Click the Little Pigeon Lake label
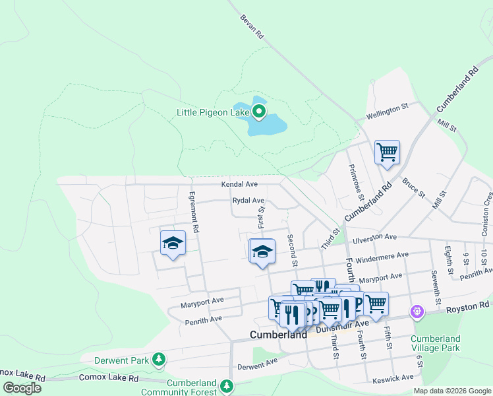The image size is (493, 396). [212, 112]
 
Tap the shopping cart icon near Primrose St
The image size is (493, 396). [387, 152]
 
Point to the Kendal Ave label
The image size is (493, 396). [239, 184]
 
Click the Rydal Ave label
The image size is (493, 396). [248, 201]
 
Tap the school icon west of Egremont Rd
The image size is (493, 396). [173, 244]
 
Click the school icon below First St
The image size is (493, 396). [262, 251]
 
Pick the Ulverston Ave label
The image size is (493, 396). [374, 238]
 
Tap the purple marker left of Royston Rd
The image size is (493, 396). [416, 311]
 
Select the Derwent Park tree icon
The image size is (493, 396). [158, 359]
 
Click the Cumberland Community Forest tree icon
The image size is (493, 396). [227, 385]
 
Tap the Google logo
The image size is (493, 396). [22, 387]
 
